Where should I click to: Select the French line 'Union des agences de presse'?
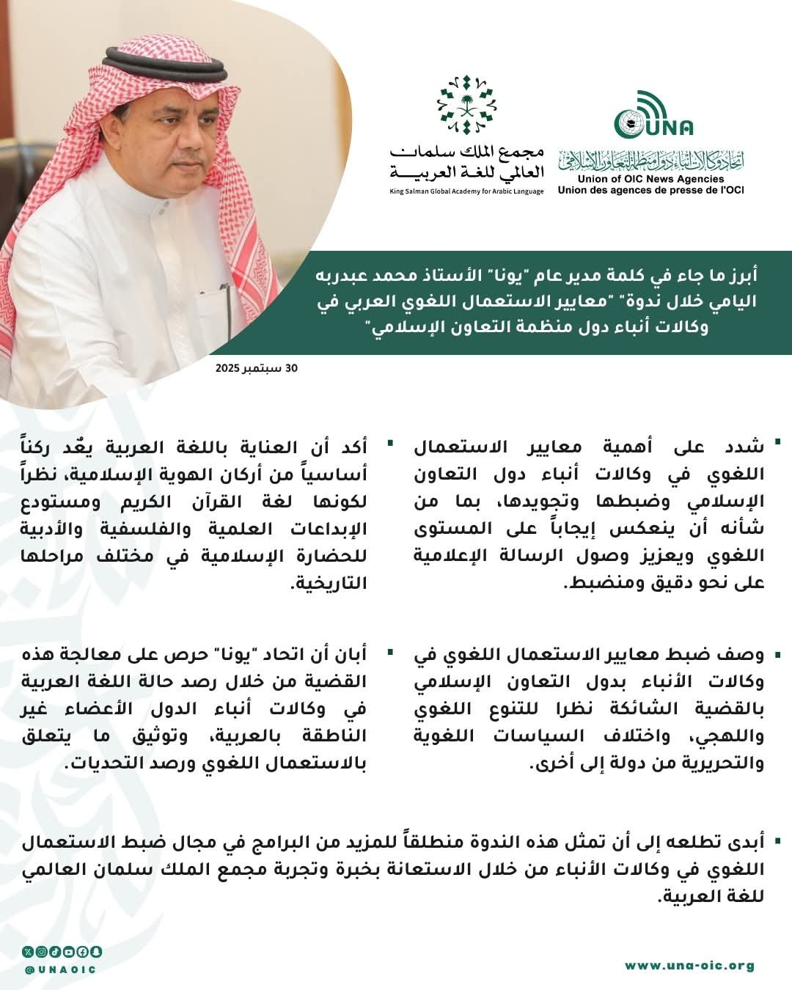click(x=650, y=190)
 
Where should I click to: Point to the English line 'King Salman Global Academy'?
click(x=466, y=191)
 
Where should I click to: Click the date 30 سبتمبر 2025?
click(x=257, y=367)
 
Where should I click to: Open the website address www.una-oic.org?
click(x=689, y=965)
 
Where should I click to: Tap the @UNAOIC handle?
click(x=60, y=969)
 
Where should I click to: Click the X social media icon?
click(x=28, y=952)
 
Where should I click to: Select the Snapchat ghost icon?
click(x=96, y=952)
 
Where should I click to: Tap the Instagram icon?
click(x=41, y=952)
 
